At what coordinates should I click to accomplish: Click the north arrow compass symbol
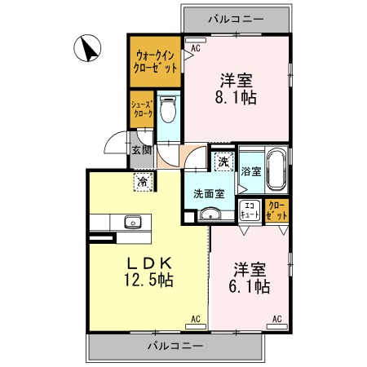[x=87, y=48]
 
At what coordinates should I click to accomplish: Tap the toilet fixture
[x=168, y=109]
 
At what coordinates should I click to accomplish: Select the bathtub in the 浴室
[x=276, y=170]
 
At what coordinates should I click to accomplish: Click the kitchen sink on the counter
[x=133, y=222]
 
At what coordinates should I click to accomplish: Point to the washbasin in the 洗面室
[x=210, y=214]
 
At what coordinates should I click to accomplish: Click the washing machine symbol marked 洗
[x=223, y=161]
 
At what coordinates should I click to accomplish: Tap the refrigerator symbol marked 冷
[x=143, y=182]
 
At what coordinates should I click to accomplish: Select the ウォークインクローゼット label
[x=155, y=62]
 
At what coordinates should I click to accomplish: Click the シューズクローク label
[x=142, y=109]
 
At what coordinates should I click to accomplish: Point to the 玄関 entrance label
[x=142, y=150]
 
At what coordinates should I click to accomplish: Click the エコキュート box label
[x=250, y=210]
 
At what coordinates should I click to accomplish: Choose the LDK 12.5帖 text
[x=148, y=272]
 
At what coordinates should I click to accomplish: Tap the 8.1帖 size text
[x=236, y=97]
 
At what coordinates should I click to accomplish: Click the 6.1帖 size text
[x=250, y=286]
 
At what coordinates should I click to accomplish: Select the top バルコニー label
[x=236, y=19]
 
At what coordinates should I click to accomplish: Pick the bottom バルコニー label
[x=175, y=346]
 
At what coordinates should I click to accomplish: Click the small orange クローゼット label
[x=276, y=210]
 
